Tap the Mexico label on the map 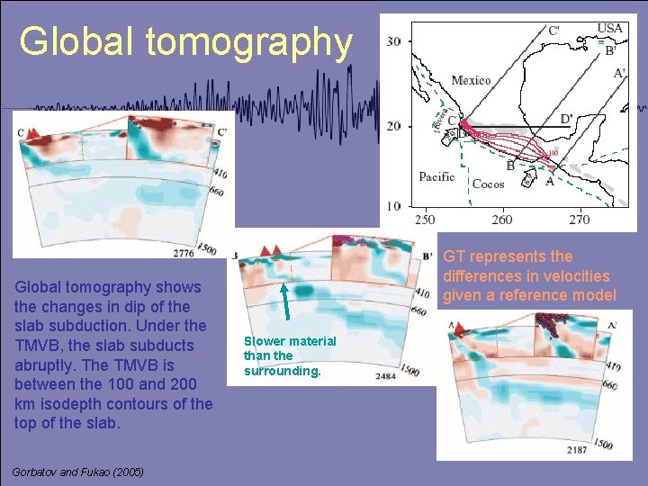click(x=471, y=80)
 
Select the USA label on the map click(x=609, y=28)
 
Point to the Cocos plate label click(x=488, y=184)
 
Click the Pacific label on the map click(x=436, y=176)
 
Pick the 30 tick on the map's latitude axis click(x=393, y=40)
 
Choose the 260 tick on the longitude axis click(x=502, y=220)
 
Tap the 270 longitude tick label click(x=580, y=220)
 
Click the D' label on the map click(x=568, y=119)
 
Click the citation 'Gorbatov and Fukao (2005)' click(x=78, y=472)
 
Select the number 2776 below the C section click(x=183, y=253)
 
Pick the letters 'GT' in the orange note click(x=455, y=256)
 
